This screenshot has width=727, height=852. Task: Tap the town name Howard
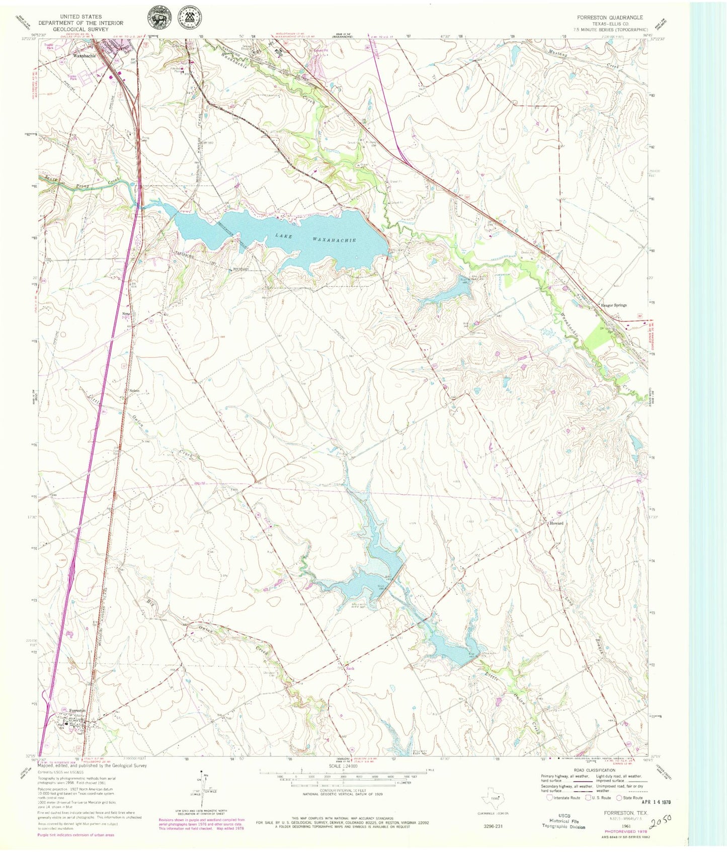click(x=556, y=523)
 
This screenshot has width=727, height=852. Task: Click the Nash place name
click(x=350, y=668)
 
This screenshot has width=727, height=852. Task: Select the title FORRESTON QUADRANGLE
click(x=610, y=18)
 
